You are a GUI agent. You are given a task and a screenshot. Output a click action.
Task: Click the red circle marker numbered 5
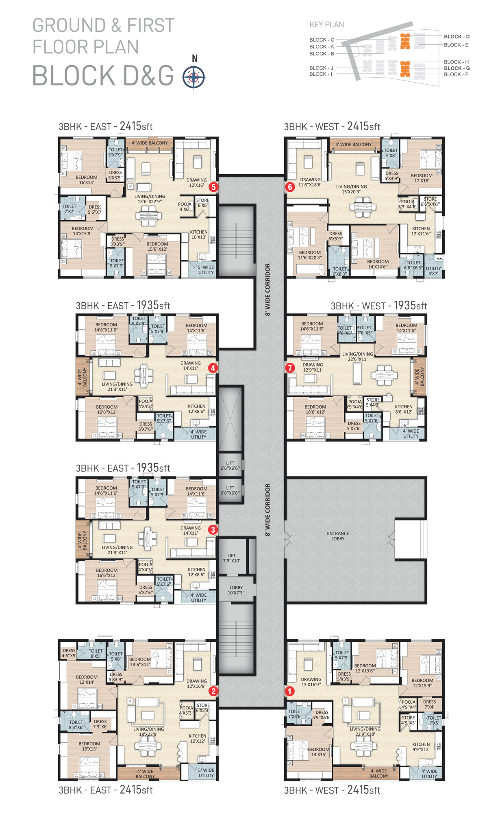point(213,187)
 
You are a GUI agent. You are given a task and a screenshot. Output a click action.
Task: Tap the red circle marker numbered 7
point(290,368)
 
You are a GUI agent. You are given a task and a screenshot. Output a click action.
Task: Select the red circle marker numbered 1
point(290,691)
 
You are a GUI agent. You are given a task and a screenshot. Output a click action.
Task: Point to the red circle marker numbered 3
point(213,530)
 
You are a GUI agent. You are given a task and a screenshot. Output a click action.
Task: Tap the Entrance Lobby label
point(338,536)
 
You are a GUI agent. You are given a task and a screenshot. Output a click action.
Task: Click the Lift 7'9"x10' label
point(231,558)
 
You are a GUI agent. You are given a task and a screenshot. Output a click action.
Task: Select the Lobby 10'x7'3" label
point(236,590)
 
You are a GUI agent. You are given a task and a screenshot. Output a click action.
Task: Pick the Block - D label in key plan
point(457,37)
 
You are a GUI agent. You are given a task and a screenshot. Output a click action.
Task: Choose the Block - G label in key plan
point(457,68)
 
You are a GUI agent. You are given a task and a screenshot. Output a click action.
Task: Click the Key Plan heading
point(326,25)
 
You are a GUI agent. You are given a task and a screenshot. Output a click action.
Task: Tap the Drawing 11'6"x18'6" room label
point(310,182)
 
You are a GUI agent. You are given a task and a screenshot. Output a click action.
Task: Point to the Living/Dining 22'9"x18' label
point(365,731)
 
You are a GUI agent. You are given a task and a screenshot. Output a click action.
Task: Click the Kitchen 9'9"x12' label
point(421,747)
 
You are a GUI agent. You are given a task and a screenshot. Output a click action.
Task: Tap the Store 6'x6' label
point(202,203)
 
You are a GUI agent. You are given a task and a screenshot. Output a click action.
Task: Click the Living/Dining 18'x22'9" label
point(149,731)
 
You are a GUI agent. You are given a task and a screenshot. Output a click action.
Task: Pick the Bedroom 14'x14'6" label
point(378,264)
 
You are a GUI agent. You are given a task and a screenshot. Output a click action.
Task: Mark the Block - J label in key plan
point(321,68)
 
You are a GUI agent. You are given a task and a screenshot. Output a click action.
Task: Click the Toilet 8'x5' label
point(96,653)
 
